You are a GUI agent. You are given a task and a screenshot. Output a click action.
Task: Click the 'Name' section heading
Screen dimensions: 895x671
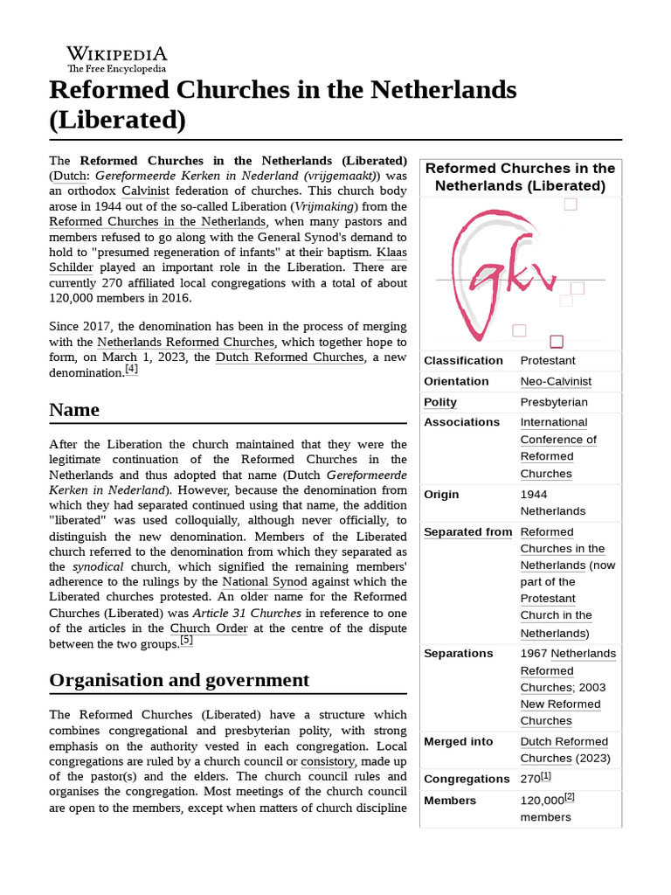tap(74, 410)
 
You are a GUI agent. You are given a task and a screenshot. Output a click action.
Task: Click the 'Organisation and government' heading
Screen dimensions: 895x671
tap(179, 680)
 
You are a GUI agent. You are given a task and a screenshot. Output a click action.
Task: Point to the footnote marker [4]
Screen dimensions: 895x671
tap(131, 369)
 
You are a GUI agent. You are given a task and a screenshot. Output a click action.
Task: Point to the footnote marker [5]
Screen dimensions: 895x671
tap(185, 641)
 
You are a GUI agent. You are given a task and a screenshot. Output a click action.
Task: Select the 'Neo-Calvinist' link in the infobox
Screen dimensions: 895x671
tap(556, 381)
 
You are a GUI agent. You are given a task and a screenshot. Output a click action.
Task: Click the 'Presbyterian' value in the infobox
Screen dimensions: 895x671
tap(554, 402)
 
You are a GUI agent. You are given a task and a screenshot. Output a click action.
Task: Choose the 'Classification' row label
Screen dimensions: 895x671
tap(463, 360)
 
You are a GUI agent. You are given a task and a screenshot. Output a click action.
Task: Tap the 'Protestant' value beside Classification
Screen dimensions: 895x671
tap(549, 360)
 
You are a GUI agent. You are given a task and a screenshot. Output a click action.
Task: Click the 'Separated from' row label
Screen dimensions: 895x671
tap(467, 531)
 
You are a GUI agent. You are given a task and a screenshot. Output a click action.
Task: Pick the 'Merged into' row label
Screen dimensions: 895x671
tap(458, 741)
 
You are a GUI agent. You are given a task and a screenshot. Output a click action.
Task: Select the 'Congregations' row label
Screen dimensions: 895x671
tap(466, 779)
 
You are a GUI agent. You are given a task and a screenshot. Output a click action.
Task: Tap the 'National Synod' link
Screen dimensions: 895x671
tap(264, 581)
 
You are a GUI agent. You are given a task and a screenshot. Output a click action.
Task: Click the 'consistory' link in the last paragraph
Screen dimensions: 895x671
tap(327, 761)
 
